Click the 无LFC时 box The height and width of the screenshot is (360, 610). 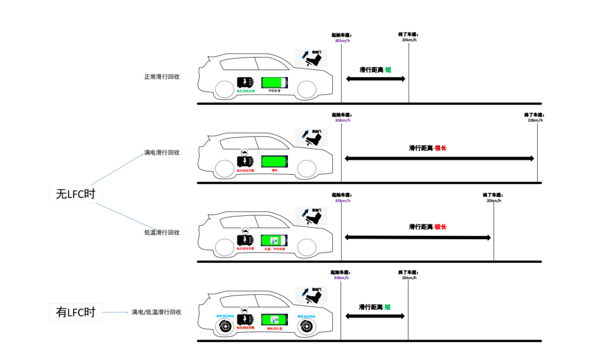75,194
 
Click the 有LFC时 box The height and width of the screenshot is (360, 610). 75,312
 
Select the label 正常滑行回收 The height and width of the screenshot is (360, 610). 162,77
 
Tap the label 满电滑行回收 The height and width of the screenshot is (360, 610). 162,153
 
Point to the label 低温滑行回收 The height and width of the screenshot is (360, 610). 162,232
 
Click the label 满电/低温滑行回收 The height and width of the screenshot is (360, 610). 157,312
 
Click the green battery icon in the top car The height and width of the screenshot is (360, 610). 274,82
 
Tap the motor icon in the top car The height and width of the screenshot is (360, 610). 245,82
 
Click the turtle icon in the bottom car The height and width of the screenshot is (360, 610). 244,310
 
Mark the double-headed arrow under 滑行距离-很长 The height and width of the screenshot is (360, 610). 439,159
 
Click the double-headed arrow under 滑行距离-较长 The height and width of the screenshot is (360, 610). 418,237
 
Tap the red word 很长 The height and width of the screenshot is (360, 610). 440,148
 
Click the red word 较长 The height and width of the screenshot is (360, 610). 440,227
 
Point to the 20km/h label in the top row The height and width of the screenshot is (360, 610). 409,40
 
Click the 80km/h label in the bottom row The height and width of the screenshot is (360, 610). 341,278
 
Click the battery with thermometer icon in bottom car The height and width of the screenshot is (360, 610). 274,319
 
